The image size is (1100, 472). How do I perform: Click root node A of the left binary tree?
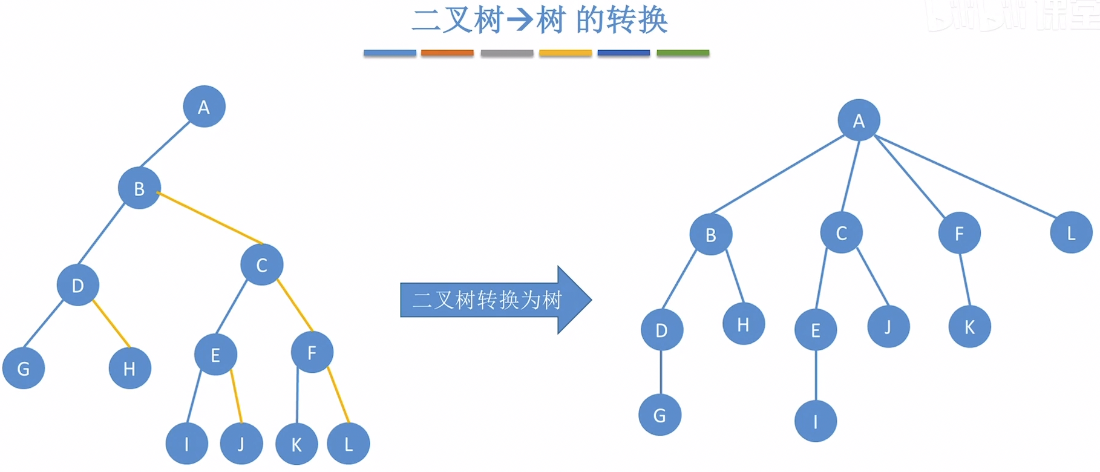click(x=204, y=107)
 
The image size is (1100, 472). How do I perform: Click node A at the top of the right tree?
click(x=859, y=120)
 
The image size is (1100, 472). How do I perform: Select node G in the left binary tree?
click(x=24, y=368)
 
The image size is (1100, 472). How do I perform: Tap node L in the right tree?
click(x=1071, y=232)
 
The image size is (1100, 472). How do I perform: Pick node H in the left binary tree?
click(x=129, y=368)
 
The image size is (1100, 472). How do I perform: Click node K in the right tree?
click(x=969, y=327)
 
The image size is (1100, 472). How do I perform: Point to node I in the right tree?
click(x=816, y=421)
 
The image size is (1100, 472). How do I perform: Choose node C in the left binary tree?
click(x=261, y=264)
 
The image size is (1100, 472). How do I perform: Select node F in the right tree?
click(x=959, y=233)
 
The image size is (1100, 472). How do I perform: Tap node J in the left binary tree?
click(x=241, y=444)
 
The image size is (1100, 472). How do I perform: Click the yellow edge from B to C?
click(x=209, y=218)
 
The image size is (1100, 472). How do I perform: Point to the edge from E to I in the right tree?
click(x=816, y=375)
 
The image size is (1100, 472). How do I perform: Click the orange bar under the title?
click(x=447, y=53)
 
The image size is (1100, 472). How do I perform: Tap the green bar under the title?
click(x=683, y=53)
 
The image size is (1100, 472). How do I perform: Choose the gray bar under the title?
click(x=506, y=53)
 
